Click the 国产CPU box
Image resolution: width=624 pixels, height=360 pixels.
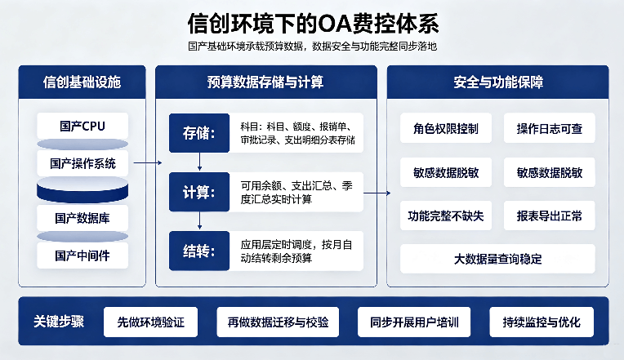click(82, 126)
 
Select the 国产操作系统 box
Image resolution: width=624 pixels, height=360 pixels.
click(82, 163)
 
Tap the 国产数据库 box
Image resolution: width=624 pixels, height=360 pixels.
click(82, 218)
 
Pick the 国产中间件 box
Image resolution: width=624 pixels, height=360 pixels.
click(82, 256)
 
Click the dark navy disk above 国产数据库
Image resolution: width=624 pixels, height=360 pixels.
click(82, 189)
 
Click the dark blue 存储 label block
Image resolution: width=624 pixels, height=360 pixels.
click(199, 133)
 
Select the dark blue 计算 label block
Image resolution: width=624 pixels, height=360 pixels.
click(199, 192)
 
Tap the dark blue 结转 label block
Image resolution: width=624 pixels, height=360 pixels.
click(199, 251)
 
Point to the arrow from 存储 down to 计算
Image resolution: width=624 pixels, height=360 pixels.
click(199, 162)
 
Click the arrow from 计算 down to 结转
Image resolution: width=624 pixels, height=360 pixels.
click(199, 220)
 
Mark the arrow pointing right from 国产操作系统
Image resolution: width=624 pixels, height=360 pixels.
click(148, 162)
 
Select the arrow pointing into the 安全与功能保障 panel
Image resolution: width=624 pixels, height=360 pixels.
click(377, 193)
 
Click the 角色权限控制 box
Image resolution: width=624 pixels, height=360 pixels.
click(446, 128)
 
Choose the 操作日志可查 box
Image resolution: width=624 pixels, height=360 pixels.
click(549, 128)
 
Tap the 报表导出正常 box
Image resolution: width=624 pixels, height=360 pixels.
click(549, 216)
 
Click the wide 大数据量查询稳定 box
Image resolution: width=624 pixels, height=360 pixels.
click(497, 259)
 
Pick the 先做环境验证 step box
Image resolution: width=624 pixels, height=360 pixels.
click(150, 322)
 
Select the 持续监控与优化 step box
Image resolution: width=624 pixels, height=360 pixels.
click(542, 322)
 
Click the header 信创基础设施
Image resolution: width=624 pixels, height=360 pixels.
click(82, 82)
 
